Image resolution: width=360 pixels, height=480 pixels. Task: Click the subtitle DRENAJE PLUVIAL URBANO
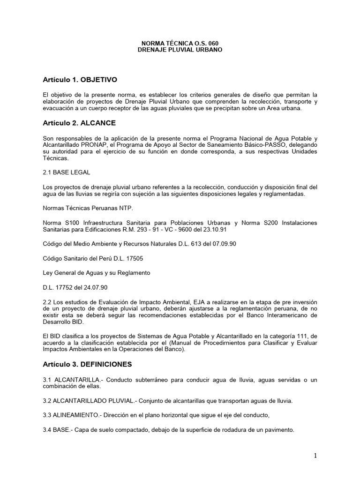[x=180, y=49]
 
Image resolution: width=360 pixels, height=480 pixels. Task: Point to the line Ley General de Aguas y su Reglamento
[x=96, y=272]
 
